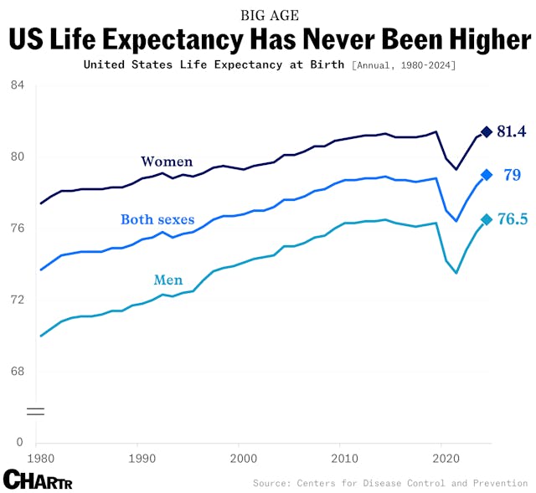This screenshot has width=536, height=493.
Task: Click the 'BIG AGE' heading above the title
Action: (269, 15)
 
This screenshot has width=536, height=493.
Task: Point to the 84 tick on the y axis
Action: (18, 85)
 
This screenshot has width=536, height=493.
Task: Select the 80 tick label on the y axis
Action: (18, 157)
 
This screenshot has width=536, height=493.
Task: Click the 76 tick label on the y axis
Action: (18, 229)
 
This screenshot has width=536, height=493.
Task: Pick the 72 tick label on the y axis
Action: (18, 300)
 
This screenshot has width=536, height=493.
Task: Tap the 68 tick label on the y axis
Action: (18, 372)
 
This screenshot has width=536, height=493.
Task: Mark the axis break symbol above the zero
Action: (35, 411)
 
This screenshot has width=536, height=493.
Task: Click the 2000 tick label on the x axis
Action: (243, 459)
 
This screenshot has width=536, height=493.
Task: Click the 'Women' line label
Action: (167, 162)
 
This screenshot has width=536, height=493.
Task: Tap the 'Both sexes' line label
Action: (157, 220)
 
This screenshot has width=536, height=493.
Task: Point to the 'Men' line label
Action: (168, 280)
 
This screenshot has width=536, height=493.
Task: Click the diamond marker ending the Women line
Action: (487, 132)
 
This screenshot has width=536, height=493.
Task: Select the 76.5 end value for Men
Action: (513, 219)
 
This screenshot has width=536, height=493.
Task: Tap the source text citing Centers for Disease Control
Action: (390, 483)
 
